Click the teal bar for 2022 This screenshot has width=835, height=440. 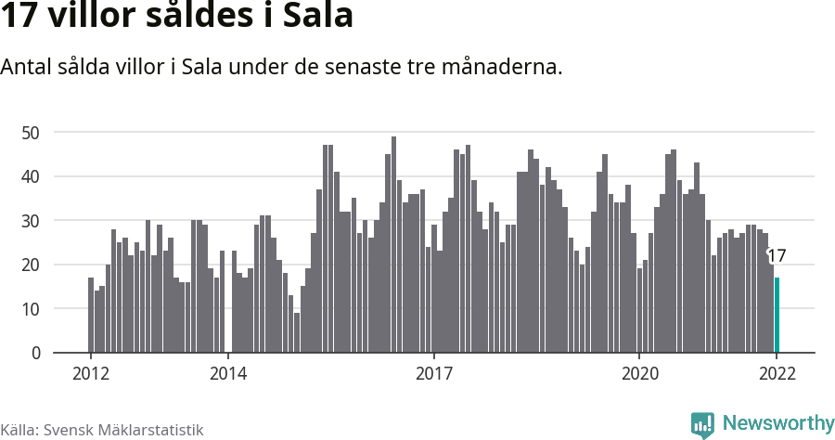pyautogui.click(x=777, y=316)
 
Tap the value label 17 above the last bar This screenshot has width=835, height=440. pyautogui.click(x=777, y=256)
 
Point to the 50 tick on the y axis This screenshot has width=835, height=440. pyautogui.click(x=32, y=133)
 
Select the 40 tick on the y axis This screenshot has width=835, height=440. pyautogui.click(x=32, y=176)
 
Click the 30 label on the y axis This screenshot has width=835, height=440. pyautogui.click(x=32, y=221)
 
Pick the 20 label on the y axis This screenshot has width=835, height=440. pyautogui.click(x=32, y=265)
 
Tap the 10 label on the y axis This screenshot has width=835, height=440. pyautogui.click(x=32, y=309)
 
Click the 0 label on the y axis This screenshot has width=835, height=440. pyautogui.click(x=36, y=353)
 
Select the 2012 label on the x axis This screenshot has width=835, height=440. pyautogui.click(x=90, y=374)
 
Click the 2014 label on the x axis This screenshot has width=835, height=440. pyautogui.click(x=227, y=374)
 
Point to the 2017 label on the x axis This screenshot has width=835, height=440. pyautogui.click(x=433, y=374)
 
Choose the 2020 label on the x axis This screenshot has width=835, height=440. pyautogui.click(x=639, y=374)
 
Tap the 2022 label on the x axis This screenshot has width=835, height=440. pyautogui.click(x=777, y=374)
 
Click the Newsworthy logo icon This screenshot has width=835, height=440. pyautogui.click(x=702, y=424)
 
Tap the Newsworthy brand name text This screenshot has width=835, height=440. pyautogui.click(x=777, y=423)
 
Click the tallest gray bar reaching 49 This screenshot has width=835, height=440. pyautogui.click(x=393, y=245)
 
